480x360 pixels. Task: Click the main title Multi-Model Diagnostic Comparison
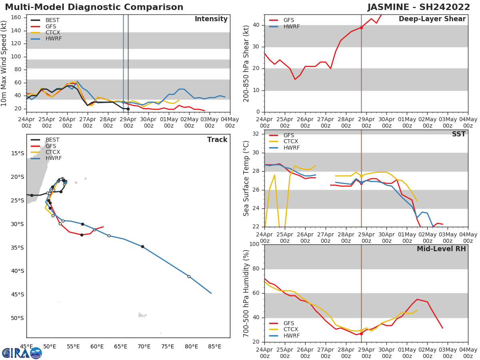(x=94, y=7)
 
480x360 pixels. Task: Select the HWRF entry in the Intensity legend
(x=54, y=39)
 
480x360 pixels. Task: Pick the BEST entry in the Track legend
(x=52, y=140)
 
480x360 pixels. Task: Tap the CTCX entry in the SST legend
(x=290, y=142)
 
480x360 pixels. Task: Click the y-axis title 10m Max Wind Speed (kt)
(x=4, y=64)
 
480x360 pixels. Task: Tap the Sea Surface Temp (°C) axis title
(x=246, y=178)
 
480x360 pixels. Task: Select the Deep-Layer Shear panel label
(x=432, y=19)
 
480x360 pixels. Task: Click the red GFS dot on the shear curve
(x=361, y=28)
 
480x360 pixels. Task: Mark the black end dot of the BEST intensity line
(x=128, y=109)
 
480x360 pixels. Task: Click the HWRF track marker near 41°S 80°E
(x=189, y=276)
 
